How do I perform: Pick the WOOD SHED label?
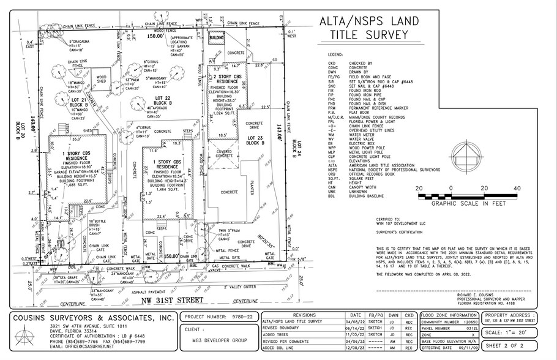[x=101, y=81]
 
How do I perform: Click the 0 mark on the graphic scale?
[x=450, y=189]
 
